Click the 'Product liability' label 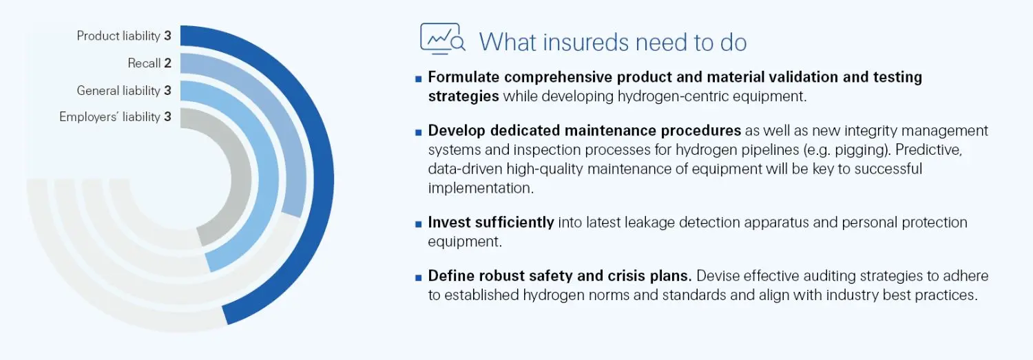click(118, 36)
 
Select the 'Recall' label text click(144, 63)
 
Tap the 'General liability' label click(118, 90)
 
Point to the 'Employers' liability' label click(109, 117)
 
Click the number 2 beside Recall click(167, 63)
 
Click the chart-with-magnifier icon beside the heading click(442, 39)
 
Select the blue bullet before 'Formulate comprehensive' click(418, 78)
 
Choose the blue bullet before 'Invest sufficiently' click(418, 224)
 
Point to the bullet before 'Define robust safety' click(418, 277)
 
